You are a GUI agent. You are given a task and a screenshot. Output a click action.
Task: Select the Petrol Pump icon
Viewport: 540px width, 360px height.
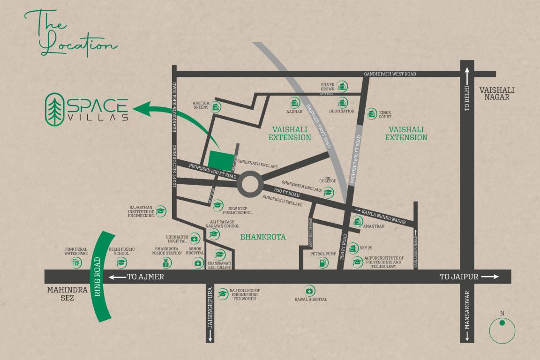(322, 263)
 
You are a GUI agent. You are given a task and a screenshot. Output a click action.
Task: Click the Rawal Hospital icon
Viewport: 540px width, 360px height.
(309, 291)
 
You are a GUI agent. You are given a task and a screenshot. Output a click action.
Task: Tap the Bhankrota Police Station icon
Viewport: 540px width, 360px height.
(167, 263)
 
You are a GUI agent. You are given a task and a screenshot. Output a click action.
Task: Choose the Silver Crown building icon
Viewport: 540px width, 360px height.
(343, 86)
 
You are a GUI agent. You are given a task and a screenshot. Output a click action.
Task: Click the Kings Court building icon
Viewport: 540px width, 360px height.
(372, 113)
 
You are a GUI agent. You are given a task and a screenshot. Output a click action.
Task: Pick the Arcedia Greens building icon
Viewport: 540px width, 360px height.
(216, 107)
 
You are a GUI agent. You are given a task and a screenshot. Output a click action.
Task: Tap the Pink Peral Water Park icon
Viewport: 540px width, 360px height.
(77, 263)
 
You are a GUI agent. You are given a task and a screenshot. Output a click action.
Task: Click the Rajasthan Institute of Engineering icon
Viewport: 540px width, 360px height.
(161, 211)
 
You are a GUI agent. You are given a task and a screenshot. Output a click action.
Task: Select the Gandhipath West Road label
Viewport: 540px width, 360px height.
(390, 74)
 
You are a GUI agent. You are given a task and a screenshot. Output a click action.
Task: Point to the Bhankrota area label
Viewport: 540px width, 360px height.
(263, 237)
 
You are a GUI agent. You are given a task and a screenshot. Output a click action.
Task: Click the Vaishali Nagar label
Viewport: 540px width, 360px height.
(497, 93)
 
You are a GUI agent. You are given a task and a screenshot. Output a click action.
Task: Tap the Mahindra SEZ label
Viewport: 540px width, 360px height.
(67, 293)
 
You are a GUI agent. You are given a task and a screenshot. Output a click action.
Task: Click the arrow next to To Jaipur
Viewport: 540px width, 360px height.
(490, 277)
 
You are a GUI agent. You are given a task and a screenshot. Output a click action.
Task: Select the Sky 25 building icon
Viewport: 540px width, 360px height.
(353, 247)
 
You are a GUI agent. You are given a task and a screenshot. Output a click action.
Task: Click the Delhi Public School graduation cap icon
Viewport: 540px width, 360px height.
(122, 263)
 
